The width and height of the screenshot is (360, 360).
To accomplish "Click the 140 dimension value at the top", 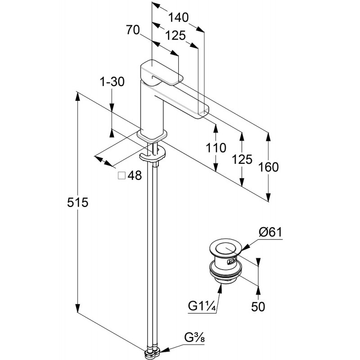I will click(178, 18).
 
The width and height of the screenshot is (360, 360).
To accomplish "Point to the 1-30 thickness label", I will click(111, 82).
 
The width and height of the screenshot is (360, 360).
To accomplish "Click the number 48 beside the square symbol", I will click(135, 176).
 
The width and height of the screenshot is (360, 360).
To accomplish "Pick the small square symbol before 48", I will click(121, 176).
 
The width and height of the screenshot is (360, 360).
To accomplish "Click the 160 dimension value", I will click(269, 167).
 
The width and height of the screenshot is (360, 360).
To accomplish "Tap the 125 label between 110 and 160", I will click(243, 159).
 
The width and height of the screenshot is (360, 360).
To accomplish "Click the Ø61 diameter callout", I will click(270, 232).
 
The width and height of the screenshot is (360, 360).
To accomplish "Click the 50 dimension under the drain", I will click(259, 307).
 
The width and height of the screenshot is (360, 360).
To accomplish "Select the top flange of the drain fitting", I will click(225, 248).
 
